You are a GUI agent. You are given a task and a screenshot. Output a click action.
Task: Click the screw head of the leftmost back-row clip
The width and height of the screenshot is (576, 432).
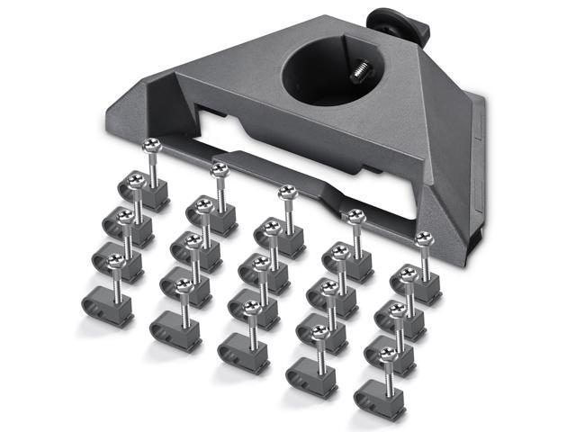click(150, 146)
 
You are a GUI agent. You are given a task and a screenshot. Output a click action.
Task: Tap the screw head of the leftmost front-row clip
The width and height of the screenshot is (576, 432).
click(114, 261)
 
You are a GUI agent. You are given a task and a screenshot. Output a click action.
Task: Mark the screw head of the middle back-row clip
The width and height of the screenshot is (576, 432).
click(286, 192)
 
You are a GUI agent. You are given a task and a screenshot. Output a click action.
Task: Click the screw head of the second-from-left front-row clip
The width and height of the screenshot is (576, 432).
click(183, 286)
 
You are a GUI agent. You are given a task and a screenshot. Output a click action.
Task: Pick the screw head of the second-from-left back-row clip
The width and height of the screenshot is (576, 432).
click(218, 168)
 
